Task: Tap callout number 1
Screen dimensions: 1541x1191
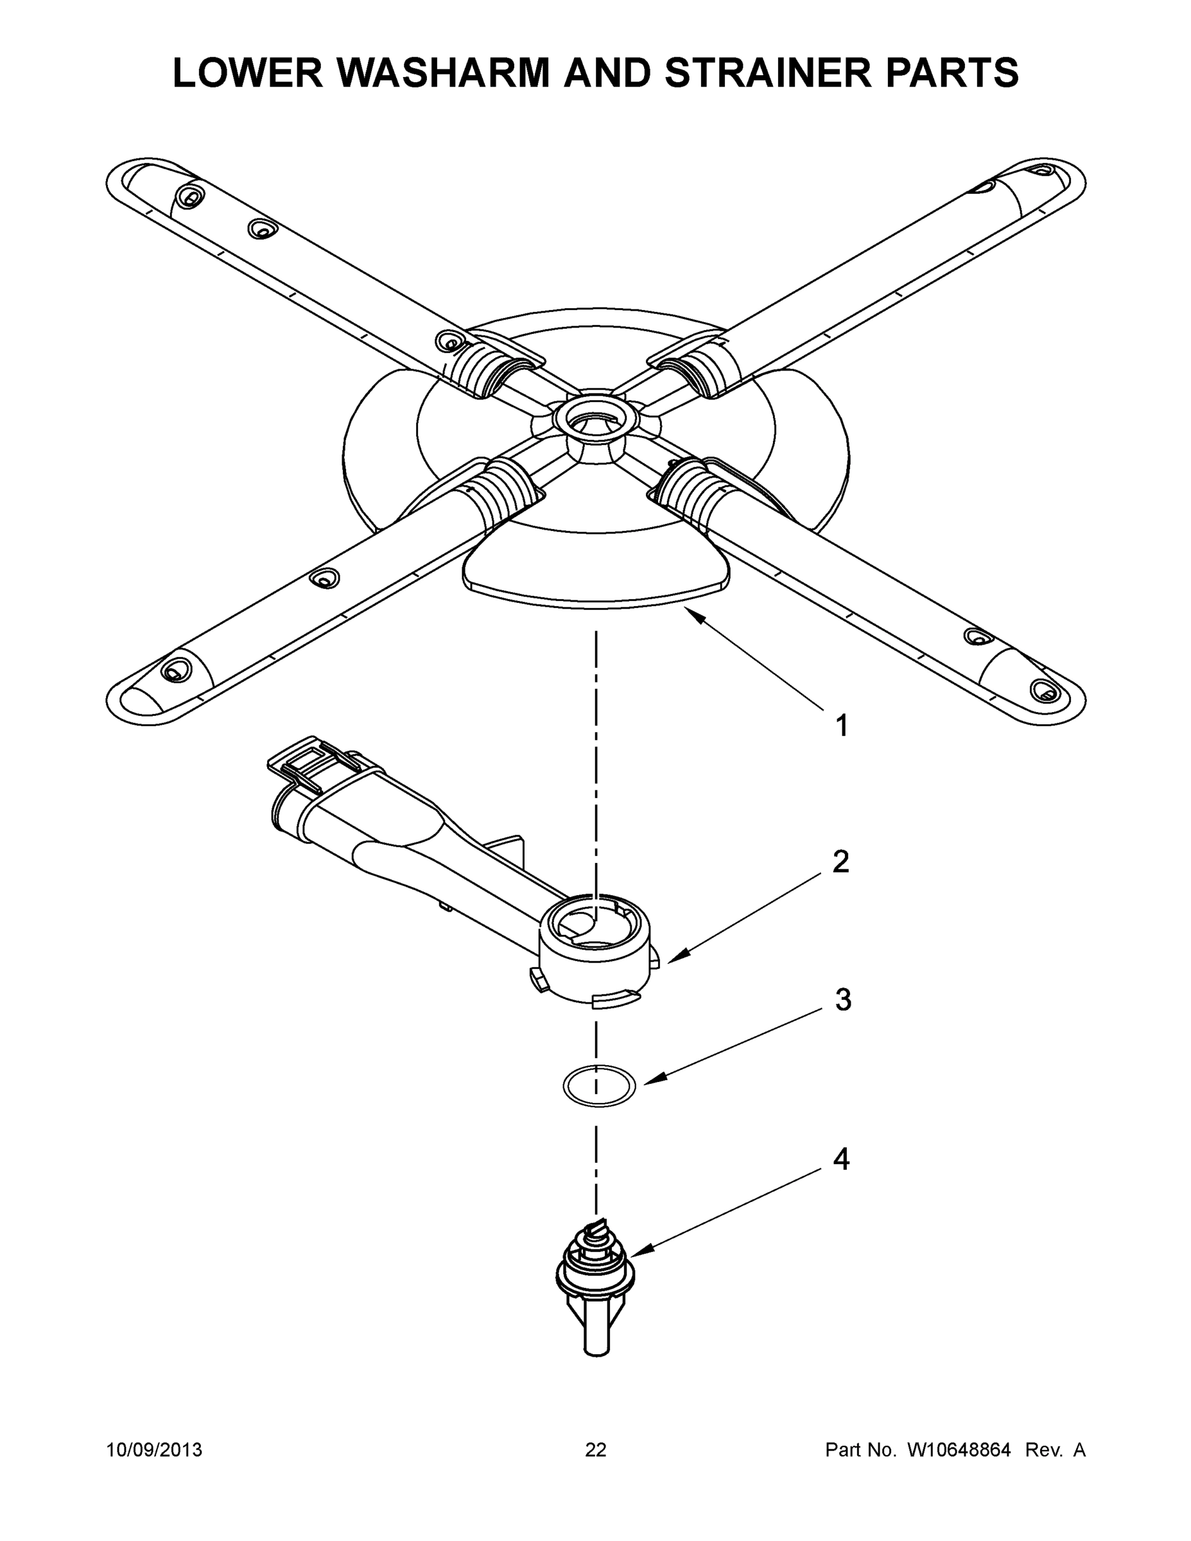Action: coord(841,726)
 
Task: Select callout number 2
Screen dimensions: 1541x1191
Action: coord(840,862)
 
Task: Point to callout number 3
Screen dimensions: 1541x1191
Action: coord(843,1000)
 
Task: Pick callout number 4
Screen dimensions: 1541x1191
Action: coord(841,1158)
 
